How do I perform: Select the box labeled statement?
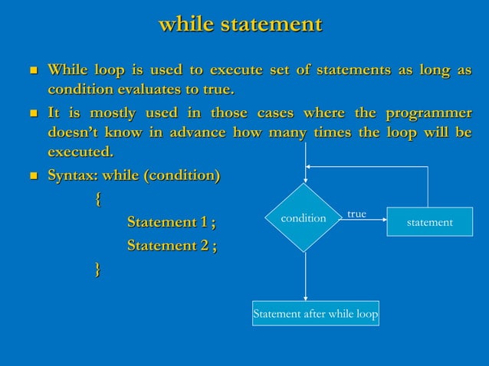pyautogui.click(x=429, y=222)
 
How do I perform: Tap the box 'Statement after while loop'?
pyautogui.click(x=316, y=314)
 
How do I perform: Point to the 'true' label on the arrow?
pyautogui.click(x=356, y=214)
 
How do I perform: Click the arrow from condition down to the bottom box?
pyautogui.click(x=305, y=276)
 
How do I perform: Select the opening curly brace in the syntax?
pyautogui.click(x=97, y=199)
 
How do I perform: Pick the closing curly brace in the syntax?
pyautogui.click(x=97, y=268)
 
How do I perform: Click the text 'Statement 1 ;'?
pyautogui.click(x=171, y=223)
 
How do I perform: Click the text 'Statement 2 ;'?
pyautogui.click(x=171, y=246)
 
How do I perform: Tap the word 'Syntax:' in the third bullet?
pyautogui.click(x=74, y=176)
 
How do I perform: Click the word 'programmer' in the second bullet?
pyautogui.click(x=428, y=114)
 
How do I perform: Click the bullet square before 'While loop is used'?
pyautogui.click(x=32, y=72)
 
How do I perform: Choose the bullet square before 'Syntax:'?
pyautogui.click(x=32, y=177)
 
